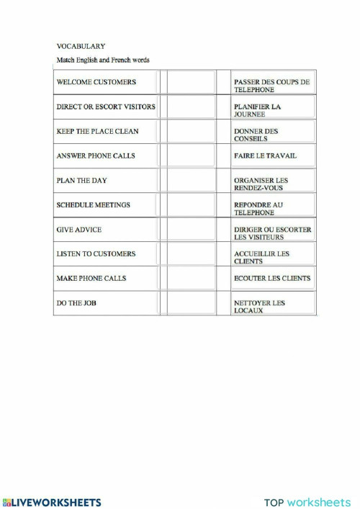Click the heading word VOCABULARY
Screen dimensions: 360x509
81,46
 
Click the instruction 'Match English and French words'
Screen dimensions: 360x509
103,60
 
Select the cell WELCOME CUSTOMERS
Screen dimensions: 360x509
96,82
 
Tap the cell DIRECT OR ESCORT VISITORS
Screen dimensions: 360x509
105,107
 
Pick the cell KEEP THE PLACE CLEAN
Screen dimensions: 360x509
97,131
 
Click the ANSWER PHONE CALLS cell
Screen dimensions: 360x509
96,156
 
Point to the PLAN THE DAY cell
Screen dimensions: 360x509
81,180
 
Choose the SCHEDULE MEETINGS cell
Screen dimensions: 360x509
93,205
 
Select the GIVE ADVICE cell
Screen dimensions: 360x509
78,230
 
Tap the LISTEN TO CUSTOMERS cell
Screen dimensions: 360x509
96,254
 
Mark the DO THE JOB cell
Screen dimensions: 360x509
76,303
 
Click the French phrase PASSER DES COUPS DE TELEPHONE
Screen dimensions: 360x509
271,86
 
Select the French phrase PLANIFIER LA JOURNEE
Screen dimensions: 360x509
257,110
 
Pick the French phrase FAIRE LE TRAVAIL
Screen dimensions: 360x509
265,156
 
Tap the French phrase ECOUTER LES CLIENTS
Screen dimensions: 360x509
272,278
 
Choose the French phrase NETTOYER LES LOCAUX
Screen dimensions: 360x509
259,307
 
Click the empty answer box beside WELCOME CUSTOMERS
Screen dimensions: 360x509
191,82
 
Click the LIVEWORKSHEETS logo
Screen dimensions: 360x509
52,502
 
